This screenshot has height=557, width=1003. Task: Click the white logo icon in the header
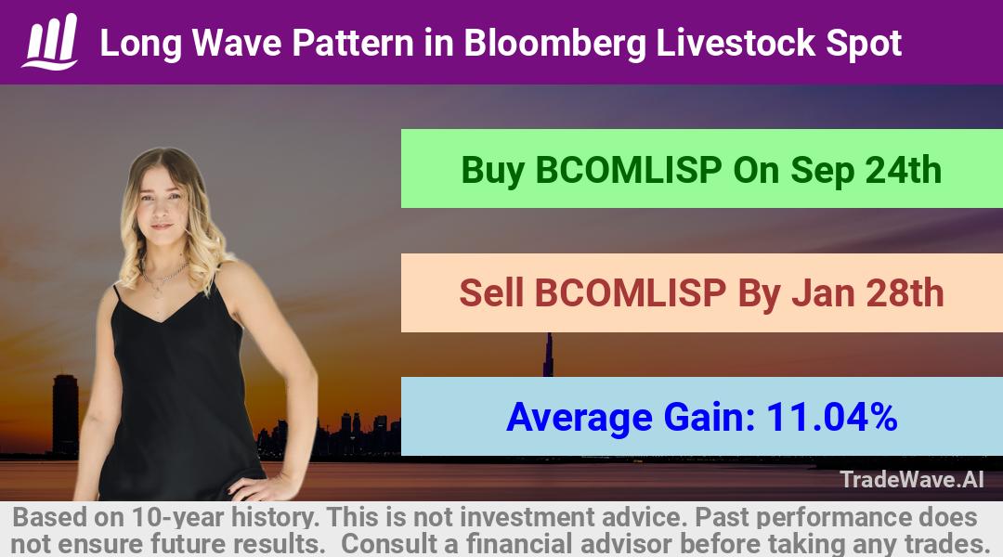pos(50,41)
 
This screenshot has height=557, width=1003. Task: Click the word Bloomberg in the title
pos(554,45)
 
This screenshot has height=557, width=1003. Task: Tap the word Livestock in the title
pos(736,43)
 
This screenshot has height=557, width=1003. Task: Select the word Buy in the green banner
pos(492,171)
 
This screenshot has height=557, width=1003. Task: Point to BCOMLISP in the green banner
pos(629,170)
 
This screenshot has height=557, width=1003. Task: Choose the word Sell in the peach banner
pos(491,292)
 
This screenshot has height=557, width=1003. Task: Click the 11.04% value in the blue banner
pos(831,417)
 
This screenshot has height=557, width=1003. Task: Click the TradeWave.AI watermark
pos(912,480)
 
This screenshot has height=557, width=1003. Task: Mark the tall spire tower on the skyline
pos(548,355)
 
